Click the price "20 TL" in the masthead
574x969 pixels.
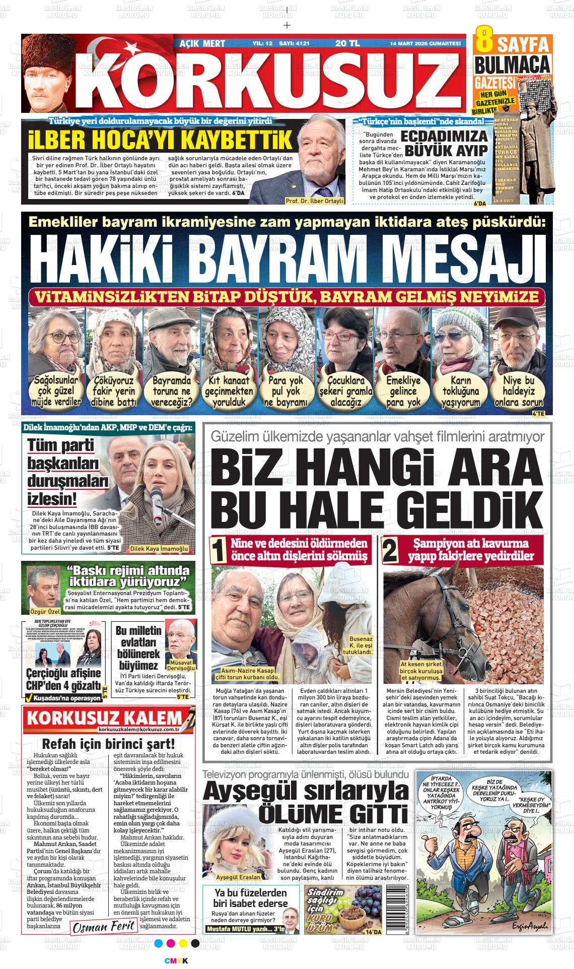(347, 43)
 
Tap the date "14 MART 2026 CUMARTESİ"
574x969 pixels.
(425, 43)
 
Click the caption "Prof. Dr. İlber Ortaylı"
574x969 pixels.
(314, 201)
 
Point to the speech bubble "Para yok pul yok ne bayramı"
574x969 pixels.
(285, 391)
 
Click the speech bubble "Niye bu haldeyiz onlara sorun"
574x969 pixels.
(519, 391)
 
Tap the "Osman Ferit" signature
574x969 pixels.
(104, 926)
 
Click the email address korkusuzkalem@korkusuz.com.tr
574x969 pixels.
(139, 729)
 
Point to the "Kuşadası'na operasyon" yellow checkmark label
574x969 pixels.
(63, 698)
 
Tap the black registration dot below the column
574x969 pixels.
(195, 943)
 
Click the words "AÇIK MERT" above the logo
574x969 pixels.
(202, 44)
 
